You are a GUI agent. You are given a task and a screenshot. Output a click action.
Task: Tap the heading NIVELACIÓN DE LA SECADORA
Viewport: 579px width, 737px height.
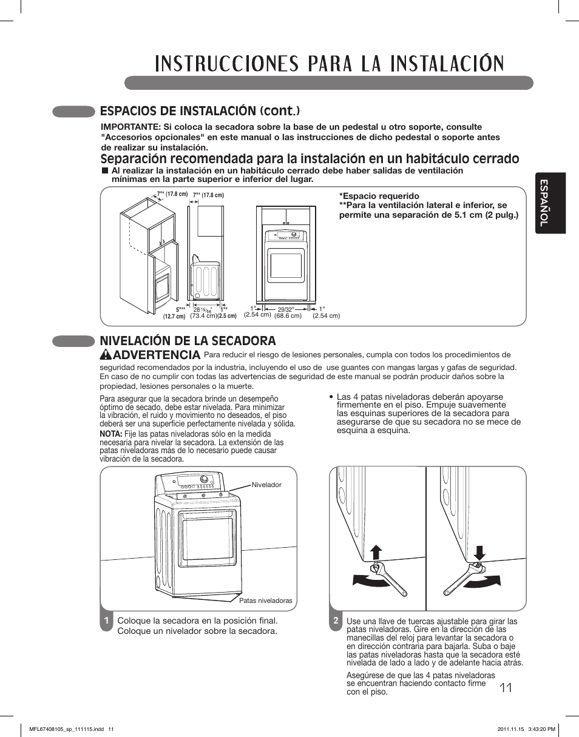point(188,341)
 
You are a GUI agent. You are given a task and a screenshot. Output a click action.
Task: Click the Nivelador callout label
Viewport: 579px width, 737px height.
point(266,485)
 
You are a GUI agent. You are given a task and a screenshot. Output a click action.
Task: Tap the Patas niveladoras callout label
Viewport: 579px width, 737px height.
point(265,601)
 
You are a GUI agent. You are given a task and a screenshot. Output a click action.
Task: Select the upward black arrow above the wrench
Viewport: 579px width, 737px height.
point(376,553)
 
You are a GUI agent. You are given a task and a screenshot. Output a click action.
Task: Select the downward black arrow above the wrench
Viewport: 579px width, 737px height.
point(479,553)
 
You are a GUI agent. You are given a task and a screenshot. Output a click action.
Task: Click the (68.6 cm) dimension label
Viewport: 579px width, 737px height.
point(288,315)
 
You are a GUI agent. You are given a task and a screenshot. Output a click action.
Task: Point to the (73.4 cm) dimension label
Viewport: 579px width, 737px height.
point(203,316)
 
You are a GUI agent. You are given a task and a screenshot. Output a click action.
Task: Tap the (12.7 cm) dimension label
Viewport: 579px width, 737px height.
point(174,317)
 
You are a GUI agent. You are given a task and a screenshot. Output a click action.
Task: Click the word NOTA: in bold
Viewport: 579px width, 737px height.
point(110,435)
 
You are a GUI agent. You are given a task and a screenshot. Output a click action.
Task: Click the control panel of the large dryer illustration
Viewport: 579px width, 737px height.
point(194,483)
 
